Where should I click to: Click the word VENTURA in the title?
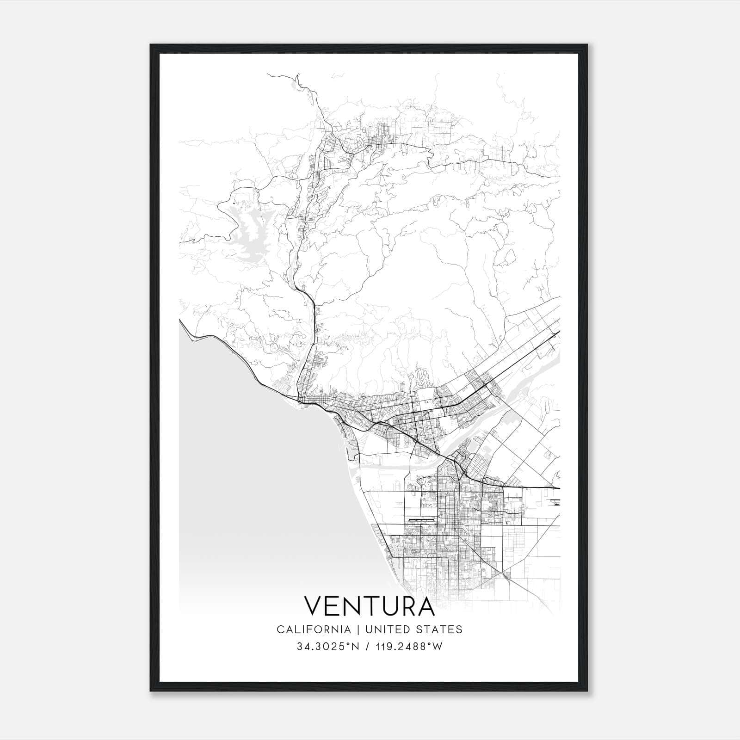coord(369,606)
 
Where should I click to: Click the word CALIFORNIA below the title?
coord(314,629)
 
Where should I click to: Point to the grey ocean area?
coord(259,486)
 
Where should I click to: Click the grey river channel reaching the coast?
coord(379,467)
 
